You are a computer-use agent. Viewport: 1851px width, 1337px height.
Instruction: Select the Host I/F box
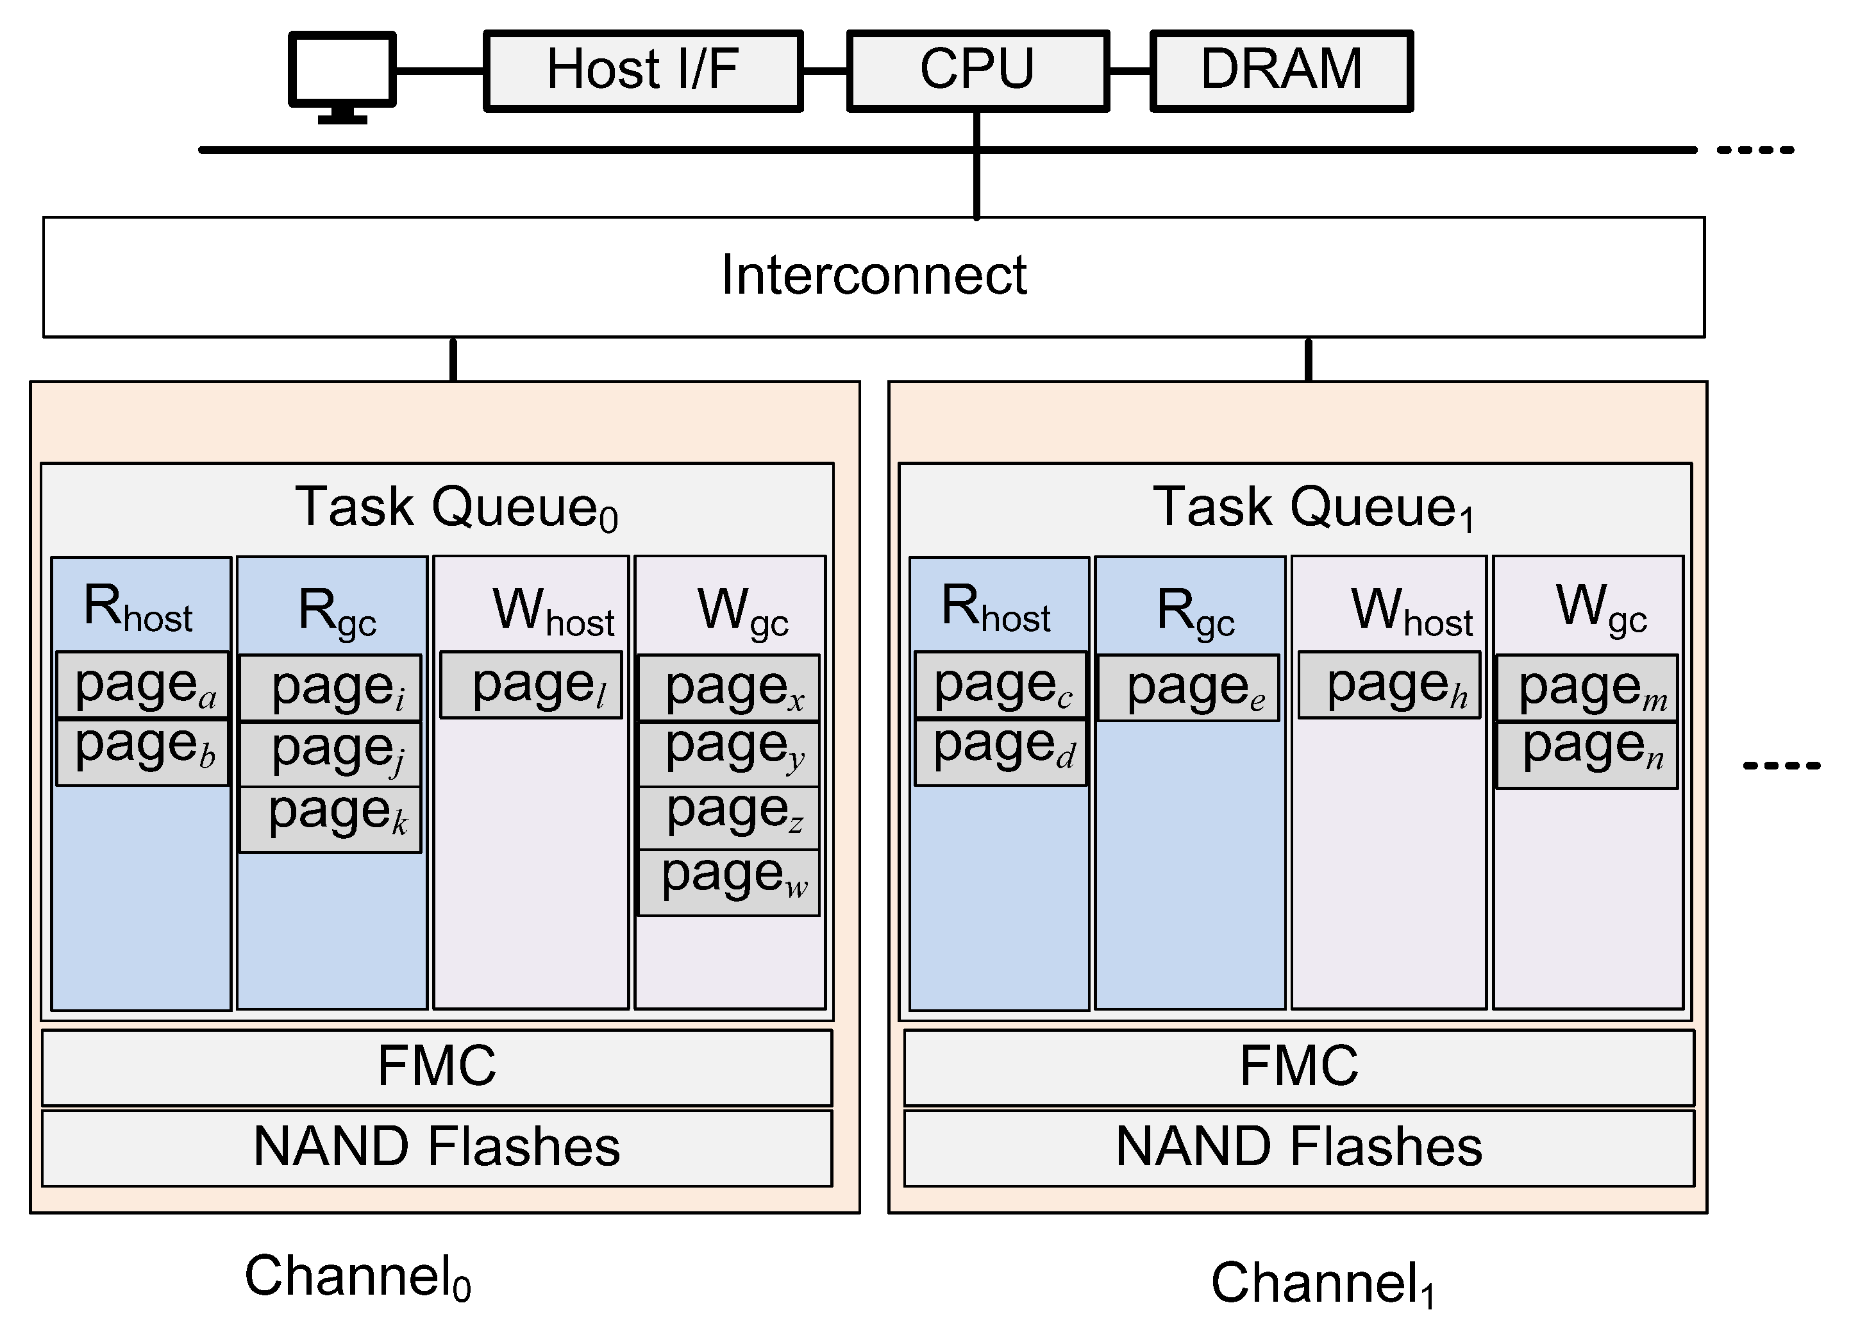click(x=642, y=70)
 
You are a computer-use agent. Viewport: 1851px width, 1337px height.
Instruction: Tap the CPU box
click(x=977, y=70)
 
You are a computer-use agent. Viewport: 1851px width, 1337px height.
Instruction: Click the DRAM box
click(x=1280, y=70)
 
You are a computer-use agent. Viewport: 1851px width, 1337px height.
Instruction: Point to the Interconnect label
click(x=873, y=276)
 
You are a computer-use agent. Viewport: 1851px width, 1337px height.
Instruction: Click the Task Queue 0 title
click(x=455, y=508)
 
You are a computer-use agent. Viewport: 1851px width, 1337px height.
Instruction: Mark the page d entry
click(x=1001, y=752)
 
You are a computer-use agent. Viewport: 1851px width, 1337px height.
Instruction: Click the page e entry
click(x=1188, y=688)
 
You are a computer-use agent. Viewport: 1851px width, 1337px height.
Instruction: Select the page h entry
click(x=1389, y=685)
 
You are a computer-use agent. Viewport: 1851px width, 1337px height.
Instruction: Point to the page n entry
click(x=1587, y=754)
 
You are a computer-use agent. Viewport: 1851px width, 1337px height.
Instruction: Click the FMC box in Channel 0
click(x=437, y=1067)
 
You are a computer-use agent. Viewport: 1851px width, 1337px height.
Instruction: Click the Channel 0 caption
click(x=358, y=1277)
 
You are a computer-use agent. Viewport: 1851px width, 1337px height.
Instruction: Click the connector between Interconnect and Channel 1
click(x=1309, y=359)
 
